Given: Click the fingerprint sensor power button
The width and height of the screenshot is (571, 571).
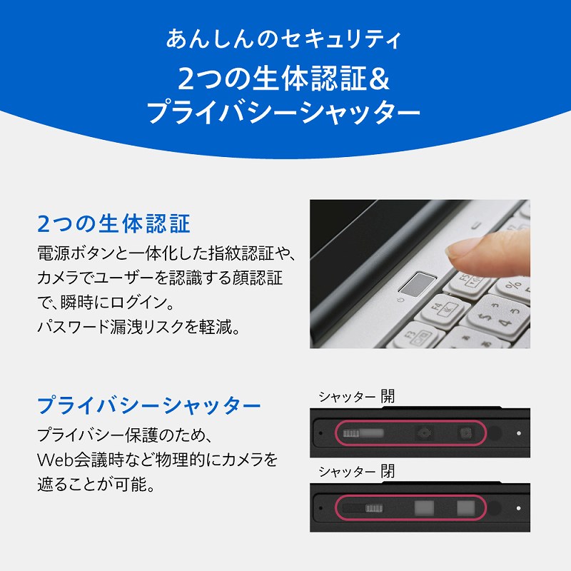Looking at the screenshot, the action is pos(418,284).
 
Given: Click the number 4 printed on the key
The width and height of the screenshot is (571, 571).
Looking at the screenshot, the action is pos(505,323).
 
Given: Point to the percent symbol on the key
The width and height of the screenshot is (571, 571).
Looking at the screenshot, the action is pos(513,285).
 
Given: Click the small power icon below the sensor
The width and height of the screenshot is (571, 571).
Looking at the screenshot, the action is pos(401,300).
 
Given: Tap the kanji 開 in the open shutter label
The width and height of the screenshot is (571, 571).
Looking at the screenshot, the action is pos(388,396).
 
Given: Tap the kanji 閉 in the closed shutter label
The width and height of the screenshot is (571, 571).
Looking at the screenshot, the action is pos(388,471).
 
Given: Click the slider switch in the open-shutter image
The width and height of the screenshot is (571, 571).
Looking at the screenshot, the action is pos(363,433).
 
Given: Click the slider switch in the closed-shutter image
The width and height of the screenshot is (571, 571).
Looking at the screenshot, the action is pos(363,508).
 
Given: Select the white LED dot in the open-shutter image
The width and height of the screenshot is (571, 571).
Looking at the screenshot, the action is pos(519,433).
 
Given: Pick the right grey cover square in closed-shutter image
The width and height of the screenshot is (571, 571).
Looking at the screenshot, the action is pos(466,508).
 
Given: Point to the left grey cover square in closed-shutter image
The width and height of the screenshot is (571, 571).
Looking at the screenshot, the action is pos(424,508).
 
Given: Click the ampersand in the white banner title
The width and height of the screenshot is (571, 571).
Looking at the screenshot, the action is pos(379,79).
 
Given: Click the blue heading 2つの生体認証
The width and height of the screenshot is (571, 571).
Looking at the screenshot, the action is pos(113,223).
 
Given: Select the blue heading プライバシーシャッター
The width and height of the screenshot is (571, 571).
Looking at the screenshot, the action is pos(149,405).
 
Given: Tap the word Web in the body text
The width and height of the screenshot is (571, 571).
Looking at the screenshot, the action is pos(56,460).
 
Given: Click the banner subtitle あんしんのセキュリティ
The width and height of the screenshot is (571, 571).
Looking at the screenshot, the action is pos(284,39).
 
